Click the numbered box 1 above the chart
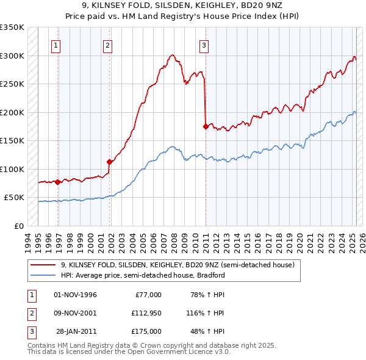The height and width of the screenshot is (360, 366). coord(56,44)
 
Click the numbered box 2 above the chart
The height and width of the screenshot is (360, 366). coord(107,44)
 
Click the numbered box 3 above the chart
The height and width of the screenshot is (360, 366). coord(204,44)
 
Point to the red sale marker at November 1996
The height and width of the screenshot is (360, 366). coord(57,182)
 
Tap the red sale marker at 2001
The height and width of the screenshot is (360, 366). coord(109,162)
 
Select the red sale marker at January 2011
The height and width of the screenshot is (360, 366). coord(206,126)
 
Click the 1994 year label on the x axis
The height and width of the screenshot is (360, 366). coord(28,240)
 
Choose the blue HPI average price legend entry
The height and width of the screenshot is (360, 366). coord(143,275)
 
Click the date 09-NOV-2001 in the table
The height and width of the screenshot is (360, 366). coord(76,313)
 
